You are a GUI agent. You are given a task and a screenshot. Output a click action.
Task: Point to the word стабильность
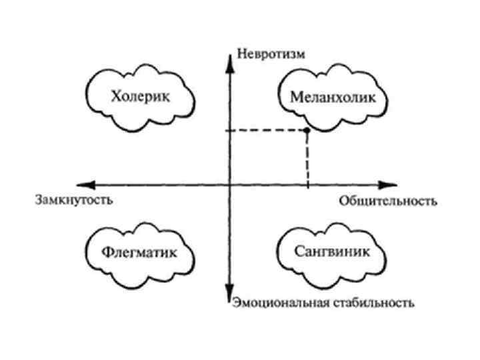point(367,303)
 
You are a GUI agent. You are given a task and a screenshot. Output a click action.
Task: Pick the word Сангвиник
point(331,252)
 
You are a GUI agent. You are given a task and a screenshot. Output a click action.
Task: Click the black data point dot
point(307,131)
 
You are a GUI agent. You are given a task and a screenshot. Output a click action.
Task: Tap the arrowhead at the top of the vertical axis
point(229,53)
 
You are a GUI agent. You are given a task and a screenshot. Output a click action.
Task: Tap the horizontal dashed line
point(267,131)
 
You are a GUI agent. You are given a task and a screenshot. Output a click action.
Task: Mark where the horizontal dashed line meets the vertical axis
point(229,131)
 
